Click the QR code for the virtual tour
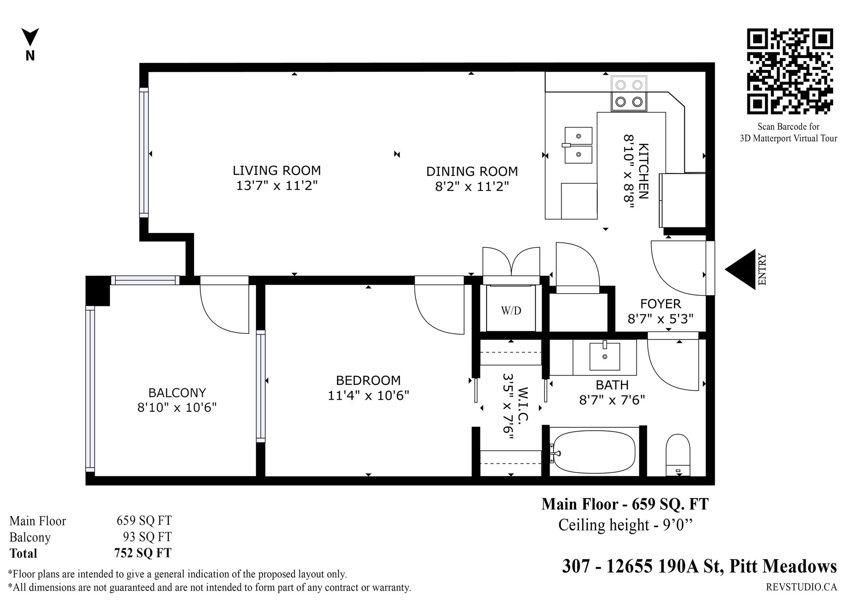789,71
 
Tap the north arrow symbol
30,37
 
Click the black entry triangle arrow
740,270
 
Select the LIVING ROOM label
277,171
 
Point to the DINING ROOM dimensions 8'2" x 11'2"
472,186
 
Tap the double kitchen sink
578,145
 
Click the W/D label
511,311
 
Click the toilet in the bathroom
678,455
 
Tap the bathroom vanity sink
605,356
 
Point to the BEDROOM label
368,381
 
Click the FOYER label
661,304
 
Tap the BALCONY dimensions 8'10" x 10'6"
177,407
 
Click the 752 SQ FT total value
143,553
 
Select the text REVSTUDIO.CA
801,587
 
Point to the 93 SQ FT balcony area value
147,537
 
